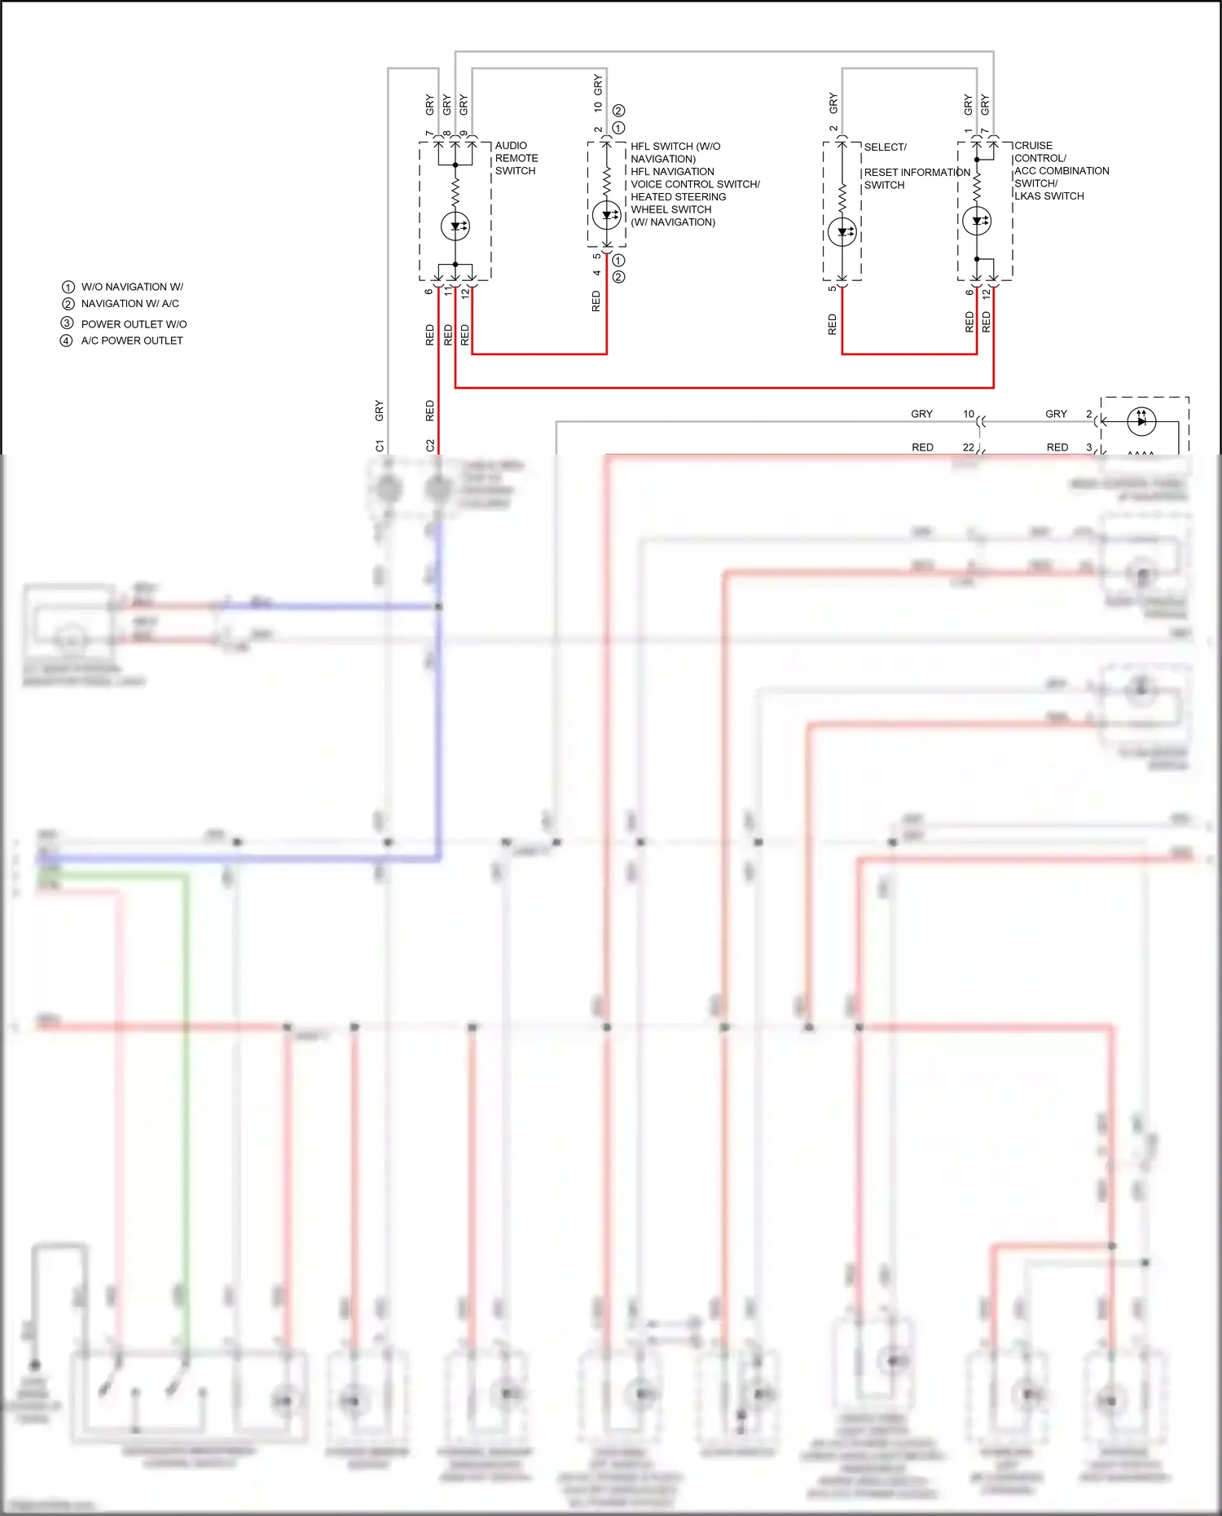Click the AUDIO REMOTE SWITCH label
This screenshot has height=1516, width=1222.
point(516,158)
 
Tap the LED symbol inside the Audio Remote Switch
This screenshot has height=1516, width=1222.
point(455,226)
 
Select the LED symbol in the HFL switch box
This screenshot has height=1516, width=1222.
point(606,216)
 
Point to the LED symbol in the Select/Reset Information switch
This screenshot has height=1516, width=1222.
point(842,232)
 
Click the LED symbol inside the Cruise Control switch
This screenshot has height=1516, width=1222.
point(977,221)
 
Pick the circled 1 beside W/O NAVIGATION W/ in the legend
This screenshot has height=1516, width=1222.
point(68,287)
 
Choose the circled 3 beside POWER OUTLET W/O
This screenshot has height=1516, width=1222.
point(67,323)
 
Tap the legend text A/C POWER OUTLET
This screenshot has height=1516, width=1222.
point(132,341)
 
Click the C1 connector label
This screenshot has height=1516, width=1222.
point(380,446)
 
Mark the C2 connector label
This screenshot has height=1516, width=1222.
point(430,446)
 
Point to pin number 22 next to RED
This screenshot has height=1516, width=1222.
point(968,447)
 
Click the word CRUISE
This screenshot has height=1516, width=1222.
point(1033,146)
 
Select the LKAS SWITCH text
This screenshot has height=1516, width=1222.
point(1049,196)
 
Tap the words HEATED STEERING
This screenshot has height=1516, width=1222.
point(678,197)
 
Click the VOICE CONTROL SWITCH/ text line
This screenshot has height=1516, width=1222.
point(695,184)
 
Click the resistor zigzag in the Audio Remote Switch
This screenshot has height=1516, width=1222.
point(455,192)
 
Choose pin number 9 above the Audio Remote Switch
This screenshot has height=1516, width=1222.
point(464,134)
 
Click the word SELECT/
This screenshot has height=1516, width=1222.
point(885,147)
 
